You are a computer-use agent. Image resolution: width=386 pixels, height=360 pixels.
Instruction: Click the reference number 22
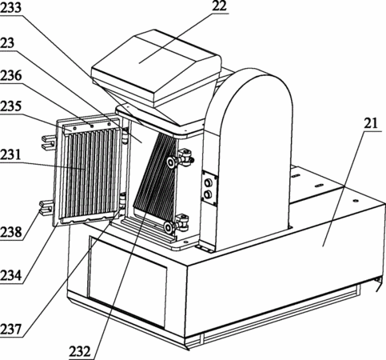coord(219,6)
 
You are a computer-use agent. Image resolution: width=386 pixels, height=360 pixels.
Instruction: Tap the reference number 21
coord(371,123)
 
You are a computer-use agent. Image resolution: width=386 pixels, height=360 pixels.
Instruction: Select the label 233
coord(10,8)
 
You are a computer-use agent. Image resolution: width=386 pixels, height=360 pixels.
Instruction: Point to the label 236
coord(10,76)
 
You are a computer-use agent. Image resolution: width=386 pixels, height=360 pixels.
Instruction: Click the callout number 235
coord(10,106)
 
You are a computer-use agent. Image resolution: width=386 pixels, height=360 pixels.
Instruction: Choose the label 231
coord(10,154)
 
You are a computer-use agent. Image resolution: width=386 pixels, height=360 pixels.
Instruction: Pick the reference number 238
coord(10,232)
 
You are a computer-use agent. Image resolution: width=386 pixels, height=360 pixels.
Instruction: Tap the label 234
coord(10,275)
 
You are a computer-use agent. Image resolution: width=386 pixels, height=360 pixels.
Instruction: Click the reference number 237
coord(10,330)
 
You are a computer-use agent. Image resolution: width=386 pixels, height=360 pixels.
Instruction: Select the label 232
coord(80,352)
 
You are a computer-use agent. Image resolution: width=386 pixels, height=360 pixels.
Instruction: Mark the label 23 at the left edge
coord(7,42)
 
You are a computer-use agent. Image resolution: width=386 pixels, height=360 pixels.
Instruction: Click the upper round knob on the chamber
coord(171,162)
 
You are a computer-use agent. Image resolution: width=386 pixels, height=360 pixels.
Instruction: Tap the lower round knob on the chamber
coord(169,227)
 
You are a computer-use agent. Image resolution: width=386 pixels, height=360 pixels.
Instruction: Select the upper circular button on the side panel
coord(209,183)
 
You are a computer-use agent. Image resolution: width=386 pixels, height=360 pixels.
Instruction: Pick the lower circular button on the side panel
coord(208,194)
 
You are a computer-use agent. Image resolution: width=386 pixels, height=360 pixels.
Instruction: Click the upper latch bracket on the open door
coord(49,142)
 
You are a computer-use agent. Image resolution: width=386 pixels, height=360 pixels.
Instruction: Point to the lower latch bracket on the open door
coord(47,207)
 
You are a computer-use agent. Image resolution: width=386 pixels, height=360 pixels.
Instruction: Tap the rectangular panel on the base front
coord(127,282)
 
